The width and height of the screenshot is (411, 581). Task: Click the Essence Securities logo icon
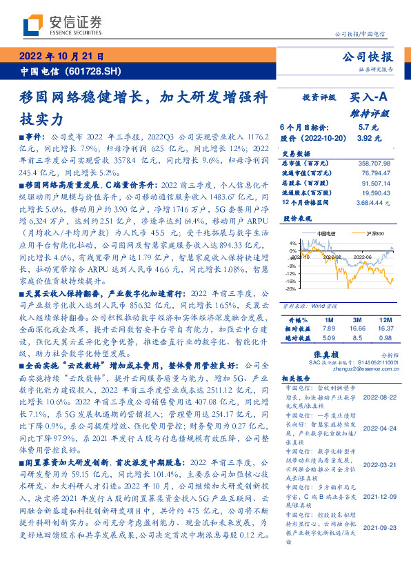[x=32, y=26]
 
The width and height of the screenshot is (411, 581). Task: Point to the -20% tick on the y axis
[x=292, y=289]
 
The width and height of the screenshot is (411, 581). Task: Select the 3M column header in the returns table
[x=357, y=320]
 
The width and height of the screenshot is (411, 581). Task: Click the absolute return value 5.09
[x=328, y=339]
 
